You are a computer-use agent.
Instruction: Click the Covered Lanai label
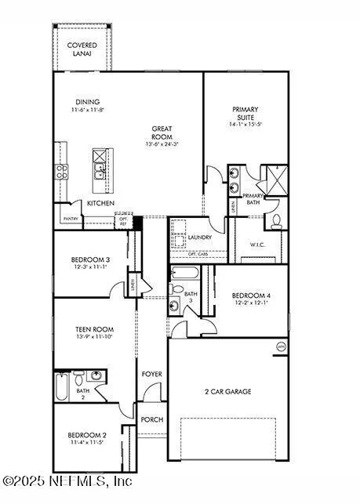[x=82, y=50]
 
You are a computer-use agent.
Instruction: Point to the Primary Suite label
[x=245, y=114]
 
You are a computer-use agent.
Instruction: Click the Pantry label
[x=71, y=219]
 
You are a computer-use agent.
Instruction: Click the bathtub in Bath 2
[x=62, y=387]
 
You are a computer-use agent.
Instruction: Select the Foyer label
[x=152, y=375]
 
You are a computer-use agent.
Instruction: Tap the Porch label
[x=152, y=419]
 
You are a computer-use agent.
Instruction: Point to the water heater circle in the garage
[x=281, y=346]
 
